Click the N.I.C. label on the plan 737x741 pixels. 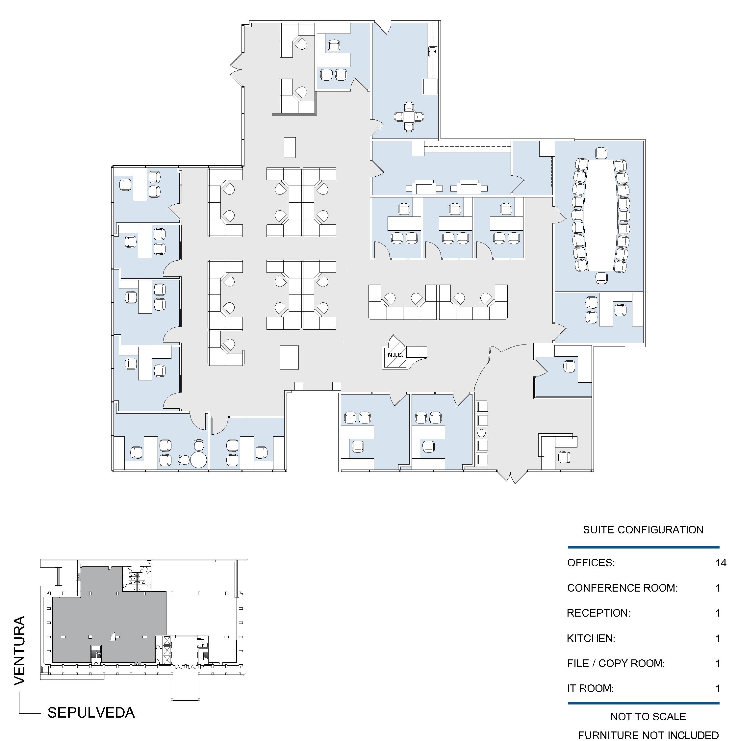395,355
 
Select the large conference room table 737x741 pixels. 600,215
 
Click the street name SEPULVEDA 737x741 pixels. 91,713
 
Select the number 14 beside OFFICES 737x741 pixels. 721,563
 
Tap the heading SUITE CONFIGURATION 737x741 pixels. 643,530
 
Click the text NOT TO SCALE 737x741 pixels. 648,716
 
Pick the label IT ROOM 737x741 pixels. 590,688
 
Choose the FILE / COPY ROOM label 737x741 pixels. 616,663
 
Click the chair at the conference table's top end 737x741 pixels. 601,153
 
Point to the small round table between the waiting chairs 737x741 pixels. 482,433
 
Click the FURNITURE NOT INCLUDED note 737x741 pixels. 648,735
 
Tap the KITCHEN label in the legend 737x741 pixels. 591,638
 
